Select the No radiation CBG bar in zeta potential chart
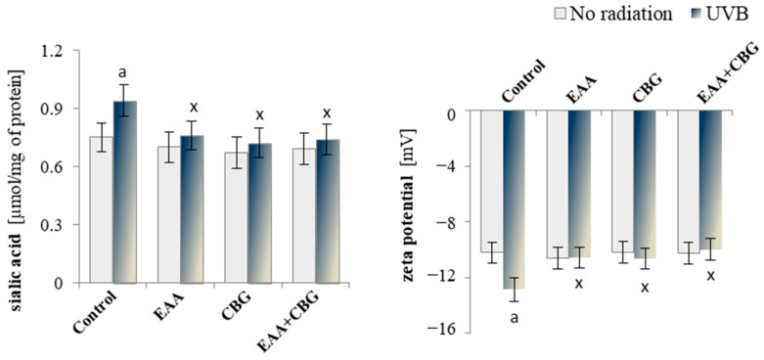click(623, 182)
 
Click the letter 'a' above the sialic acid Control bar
click(122, 71)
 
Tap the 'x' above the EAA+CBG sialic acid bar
click(327, 111)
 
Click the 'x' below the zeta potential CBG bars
click(645, 287)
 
